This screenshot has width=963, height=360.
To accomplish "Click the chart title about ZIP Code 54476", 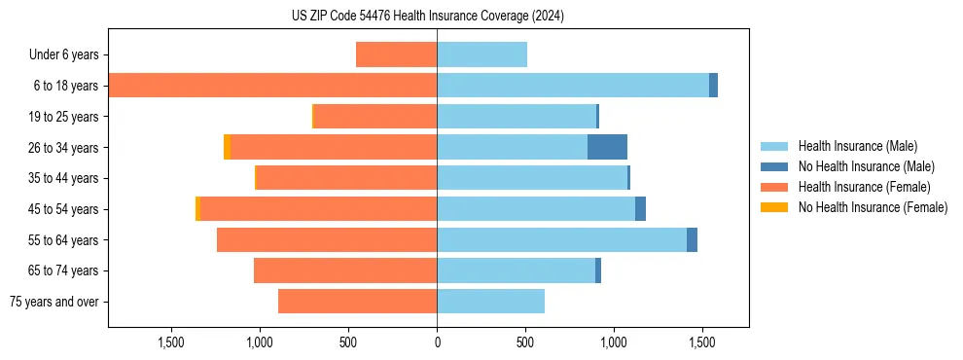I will [427, 17].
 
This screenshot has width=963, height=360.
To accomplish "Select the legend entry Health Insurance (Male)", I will [857, 146].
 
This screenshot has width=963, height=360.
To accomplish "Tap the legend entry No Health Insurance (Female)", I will [873, 207].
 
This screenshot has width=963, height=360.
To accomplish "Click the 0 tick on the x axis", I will [437, 342].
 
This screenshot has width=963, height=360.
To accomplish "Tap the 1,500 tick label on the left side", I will [171, 342].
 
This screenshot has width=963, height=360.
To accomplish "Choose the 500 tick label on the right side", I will [525, 342].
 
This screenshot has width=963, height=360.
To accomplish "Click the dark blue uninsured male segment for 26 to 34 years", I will [607, 147].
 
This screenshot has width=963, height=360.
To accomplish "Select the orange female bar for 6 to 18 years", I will [272, 86].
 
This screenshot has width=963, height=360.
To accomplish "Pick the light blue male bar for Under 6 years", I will [481, 54].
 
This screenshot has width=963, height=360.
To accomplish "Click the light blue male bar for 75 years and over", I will [490, 302].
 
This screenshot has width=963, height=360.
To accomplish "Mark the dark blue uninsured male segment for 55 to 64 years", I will [692, 239].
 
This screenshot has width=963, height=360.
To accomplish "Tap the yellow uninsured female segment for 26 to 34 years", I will [227, 147].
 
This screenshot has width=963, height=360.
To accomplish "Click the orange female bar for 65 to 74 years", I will [345, 270].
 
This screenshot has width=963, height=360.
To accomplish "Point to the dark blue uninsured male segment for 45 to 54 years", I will [640, 209].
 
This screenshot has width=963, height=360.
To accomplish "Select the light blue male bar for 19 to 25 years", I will [517, 117].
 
